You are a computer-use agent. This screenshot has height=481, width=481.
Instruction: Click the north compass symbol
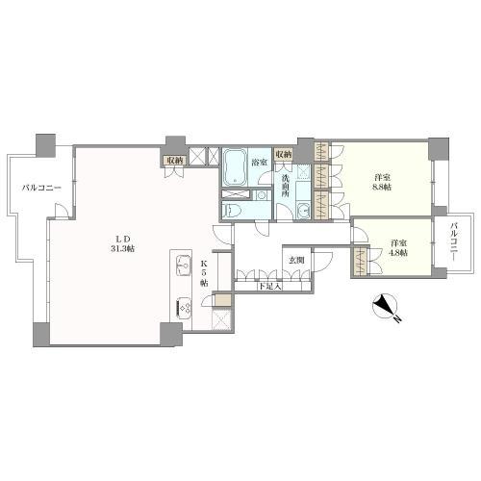coord(386,306)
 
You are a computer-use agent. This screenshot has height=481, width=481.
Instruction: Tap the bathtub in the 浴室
coord(235,167)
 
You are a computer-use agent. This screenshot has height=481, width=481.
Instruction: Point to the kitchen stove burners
coord(184,309)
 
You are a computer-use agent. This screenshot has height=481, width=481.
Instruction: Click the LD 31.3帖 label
coord(122,243)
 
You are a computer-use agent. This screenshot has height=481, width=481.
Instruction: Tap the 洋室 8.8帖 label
coord(382,182)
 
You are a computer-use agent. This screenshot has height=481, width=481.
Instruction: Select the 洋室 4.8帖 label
coord(398,247)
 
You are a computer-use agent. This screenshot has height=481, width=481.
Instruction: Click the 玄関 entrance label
coord(296,260)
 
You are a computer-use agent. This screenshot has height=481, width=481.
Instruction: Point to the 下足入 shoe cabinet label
coord(270,287)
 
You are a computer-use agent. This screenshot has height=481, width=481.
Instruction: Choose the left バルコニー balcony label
coord(41,188)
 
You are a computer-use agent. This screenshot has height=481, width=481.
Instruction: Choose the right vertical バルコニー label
coord(453,242)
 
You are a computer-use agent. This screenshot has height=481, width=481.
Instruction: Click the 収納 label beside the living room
coord(174,161)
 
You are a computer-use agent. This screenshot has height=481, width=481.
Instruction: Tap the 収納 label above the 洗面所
coord(284,154)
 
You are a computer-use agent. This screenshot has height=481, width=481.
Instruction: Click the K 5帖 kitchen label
coord(204,273)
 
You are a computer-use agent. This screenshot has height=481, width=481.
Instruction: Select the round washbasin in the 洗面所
coord(302,210)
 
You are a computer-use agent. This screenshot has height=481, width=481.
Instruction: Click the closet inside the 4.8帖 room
coord(360,261)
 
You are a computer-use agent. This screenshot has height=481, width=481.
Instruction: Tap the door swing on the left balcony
coord(62,211)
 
